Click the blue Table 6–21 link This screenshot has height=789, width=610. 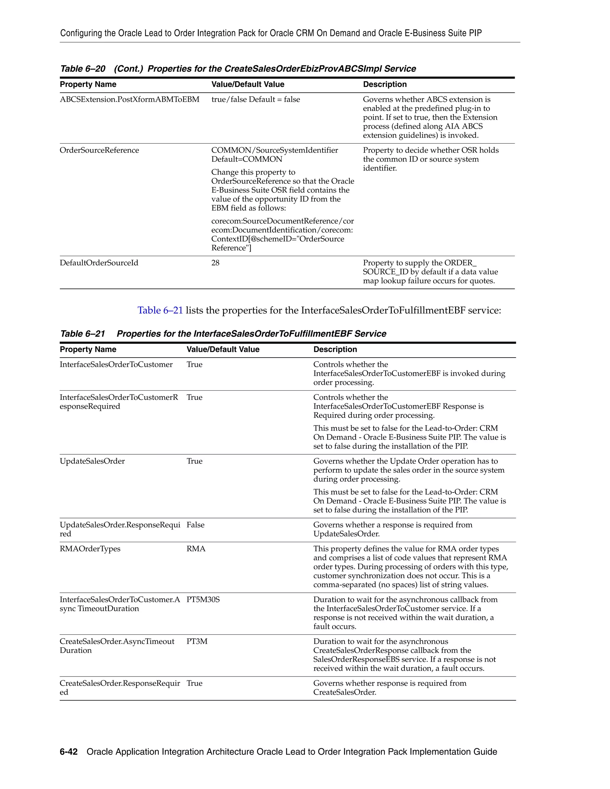160,310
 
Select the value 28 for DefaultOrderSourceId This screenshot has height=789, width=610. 215,263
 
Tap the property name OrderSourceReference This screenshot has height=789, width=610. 99,150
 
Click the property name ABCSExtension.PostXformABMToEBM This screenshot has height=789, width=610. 129,99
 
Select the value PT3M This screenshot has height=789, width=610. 197,641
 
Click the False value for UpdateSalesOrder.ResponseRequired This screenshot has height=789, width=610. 195,525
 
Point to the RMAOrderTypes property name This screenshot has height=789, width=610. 90,548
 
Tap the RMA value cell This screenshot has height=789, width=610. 196,548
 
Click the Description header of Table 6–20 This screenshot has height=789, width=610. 385,84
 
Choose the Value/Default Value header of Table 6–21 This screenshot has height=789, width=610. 223,349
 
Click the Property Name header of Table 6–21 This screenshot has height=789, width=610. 88,349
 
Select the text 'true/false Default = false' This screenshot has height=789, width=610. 256,99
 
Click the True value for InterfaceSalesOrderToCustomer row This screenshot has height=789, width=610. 194,364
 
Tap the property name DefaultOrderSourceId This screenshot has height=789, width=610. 99,263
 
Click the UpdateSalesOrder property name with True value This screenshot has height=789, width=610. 92,461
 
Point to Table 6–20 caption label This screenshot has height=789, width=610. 83,69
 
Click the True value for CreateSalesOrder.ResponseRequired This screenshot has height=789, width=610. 194,683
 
